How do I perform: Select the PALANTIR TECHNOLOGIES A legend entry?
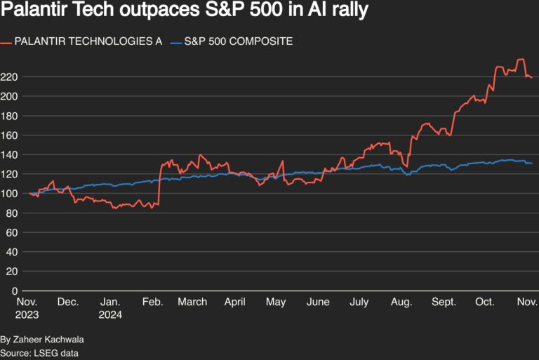click(x=88, y=41)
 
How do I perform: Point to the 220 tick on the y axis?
click(x=10, y=76)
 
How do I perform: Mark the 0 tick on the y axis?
click(x=15, y=291)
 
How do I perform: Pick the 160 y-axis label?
click(x=10, y=135)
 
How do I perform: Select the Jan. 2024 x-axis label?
click(x=111, y=308)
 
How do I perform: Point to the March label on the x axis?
click(x=192, y=302)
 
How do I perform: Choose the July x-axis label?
click(x=359, y=302)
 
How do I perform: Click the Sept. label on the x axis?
click(x=443, y=302)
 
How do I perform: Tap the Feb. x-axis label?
click(x=152, y=302)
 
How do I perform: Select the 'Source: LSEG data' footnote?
click(x=39, y=353)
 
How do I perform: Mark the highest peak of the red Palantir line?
click(x=520, y=60)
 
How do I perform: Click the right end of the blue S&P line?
click(x=531, y=164)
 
